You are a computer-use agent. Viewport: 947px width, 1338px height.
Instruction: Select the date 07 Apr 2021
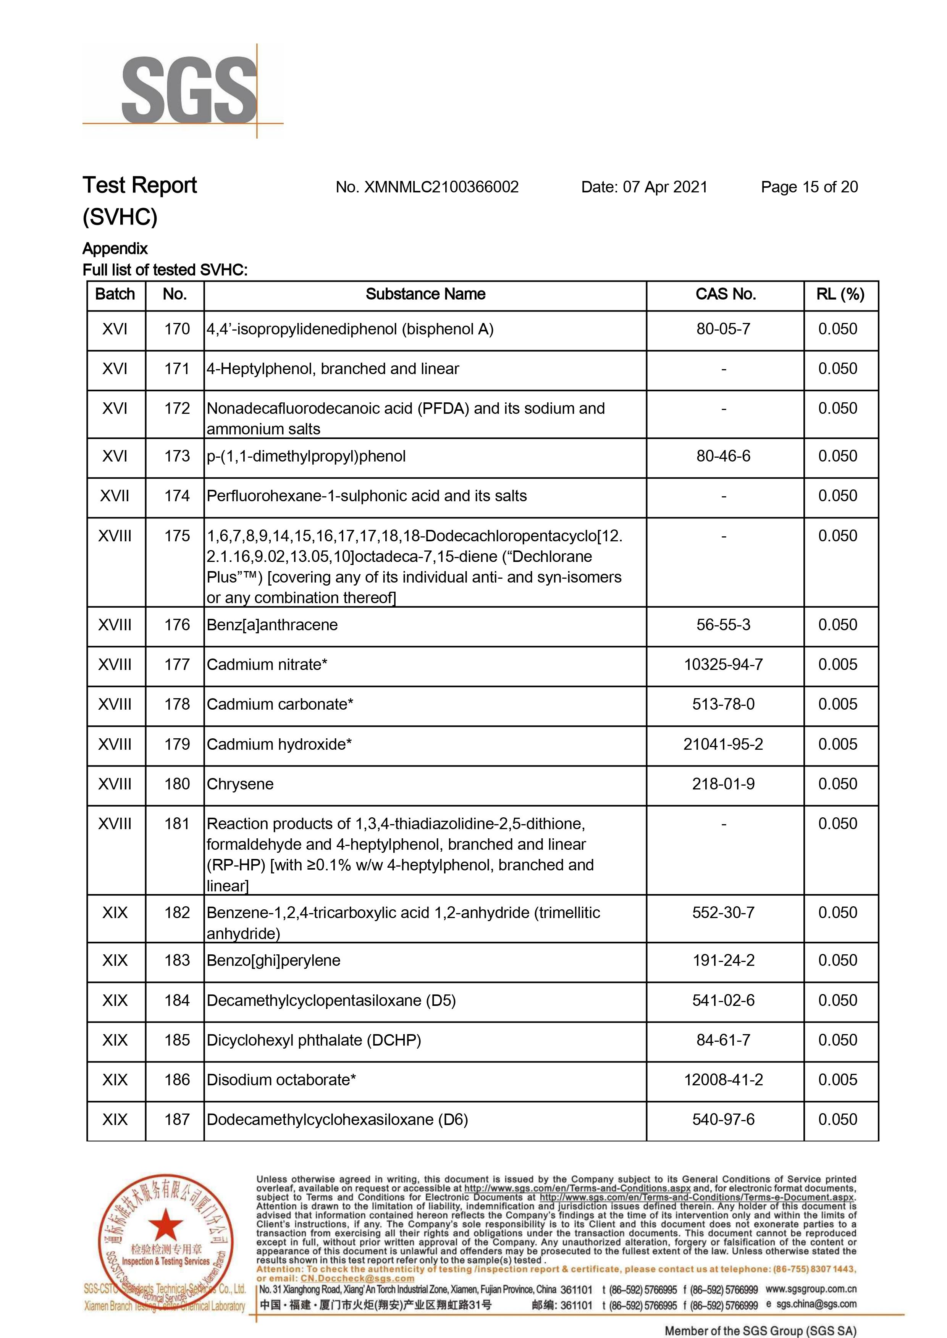point(665,187)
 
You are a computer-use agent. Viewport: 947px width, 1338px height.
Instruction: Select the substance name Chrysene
point(240,784)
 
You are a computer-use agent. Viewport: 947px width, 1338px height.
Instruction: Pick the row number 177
point(177,665)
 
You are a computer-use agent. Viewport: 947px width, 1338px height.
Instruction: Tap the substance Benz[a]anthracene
point(272,625)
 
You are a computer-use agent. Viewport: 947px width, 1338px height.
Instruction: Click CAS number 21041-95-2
point(723,744)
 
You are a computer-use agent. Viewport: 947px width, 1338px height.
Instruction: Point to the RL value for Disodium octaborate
point(837,1080)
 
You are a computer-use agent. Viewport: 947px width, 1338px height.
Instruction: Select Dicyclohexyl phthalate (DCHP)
point(314,1040)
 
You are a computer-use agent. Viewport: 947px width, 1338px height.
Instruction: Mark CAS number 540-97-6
point(723,1119)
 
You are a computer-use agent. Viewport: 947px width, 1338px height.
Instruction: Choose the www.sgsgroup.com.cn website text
point(811,1289)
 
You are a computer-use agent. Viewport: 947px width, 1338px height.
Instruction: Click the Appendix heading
point(115,249)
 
